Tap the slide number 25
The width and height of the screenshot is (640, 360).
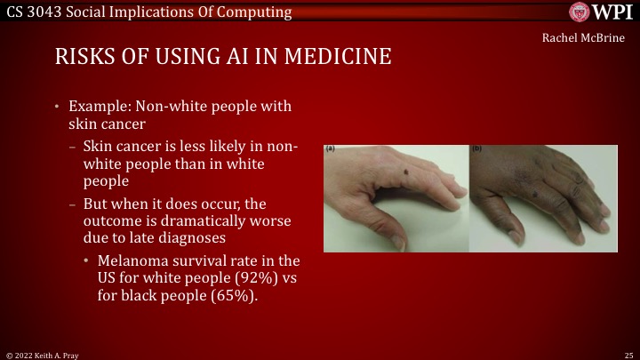pos(628,354)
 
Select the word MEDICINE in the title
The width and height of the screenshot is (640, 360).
pos(342,56)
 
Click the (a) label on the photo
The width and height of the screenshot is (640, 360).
pos(330,148)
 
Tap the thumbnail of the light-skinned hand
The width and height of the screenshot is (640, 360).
pos(396,197)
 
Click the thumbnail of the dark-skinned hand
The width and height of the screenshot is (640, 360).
pos(543,197)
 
